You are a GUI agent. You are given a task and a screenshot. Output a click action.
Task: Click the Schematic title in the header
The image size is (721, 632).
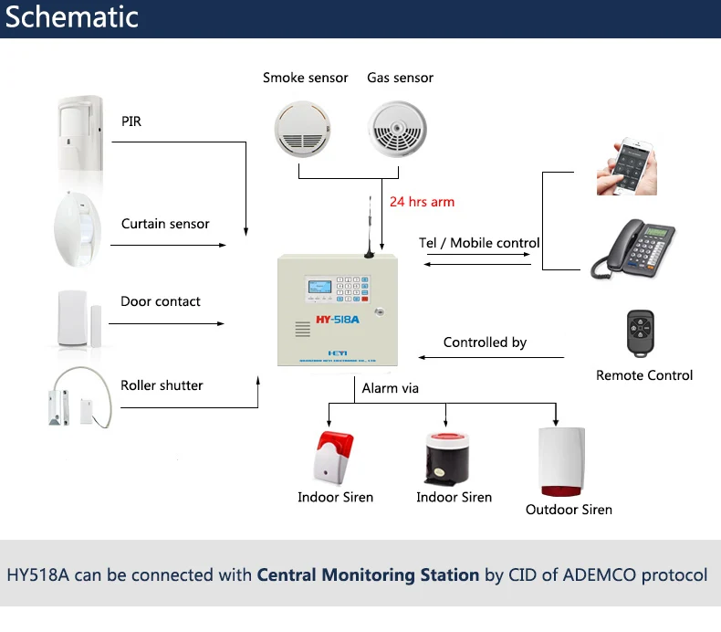click(73, 17)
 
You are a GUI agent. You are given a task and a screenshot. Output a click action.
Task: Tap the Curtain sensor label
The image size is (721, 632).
click(165, 224)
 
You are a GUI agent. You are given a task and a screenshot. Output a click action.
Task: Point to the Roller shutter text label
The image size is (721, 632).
click(162, 385)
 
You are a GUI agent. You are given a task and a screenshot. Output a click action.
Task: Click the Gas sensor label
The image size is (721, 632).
click(400, 78)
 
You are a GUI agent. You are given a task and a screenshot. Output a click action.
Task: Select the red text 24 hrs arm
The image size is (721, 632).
click(422, 202)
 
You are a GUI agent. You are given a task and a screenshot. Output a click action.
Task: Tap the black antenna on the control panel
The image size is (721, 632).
click(369, 228)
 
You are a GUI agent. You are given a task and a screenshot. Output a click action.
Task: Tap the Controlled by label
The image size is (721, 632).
click(485, 342)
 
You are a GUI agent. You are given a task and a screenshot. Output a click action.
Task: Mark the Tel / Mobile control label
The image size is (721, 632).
click(479, 243)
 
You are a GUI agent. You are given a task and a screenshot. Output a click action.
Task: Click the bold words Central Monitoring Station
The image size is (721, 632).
click(368, 575)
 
